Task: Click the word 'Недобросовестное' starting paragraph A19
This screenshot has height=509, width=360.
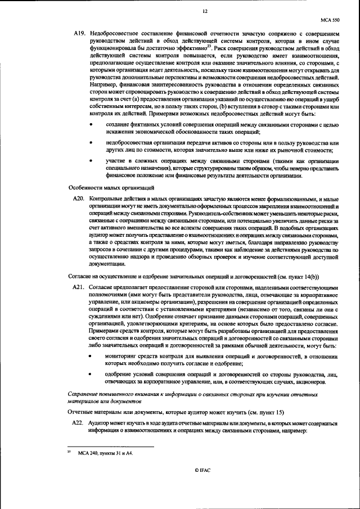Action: point(113,34)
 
